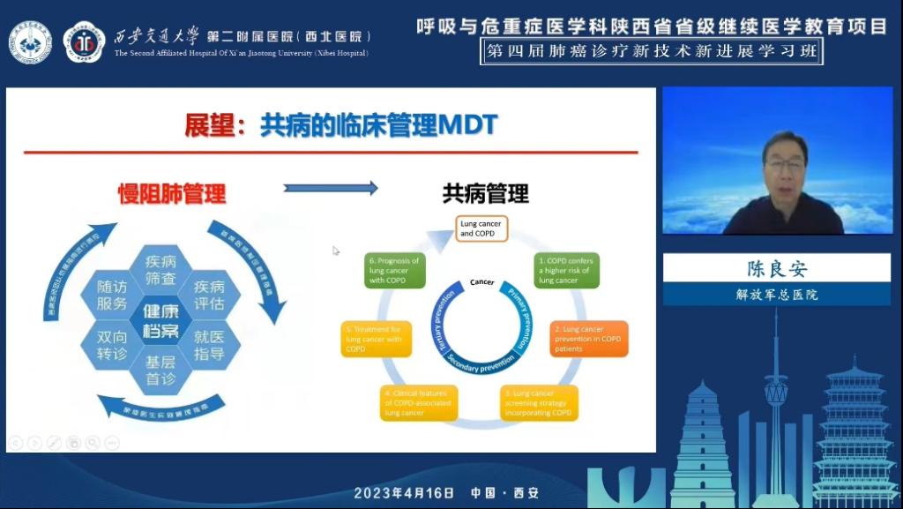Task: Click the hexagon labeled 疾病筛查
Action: [x=160, y=270]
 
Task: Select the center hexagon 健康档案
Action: [x=160, y=321]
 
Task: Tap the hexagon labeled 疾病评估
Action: [x=210, y=296]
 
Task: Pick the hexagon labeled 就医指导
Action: [x=210, y=346]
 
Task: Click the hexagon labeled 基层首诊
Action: [x=160, y=371]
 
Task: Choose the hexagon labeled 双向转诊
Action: [x=112, y=346]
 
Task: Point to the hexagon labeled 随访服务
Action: [x=112, y=296]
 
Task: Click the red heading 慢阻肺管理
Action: [x=172, y=194]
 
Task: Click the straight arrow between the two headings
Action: [x=331, y=188]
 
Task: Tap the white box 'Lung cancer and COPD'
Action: [x=481, y=229]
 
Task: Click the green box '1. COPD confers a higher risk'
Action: [x=567, y=271]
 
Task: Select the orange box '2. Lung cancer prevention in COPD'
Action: [x=589, y=339]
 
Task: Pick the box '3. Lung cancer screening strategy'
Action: [x=540, y=402]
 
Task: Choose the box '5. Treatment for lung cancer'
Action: [x=377, y=339]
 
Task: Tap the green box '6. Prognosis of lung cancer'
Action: [x=394, y=271]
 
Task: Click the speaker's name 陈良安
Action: [x=777, y=269]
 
